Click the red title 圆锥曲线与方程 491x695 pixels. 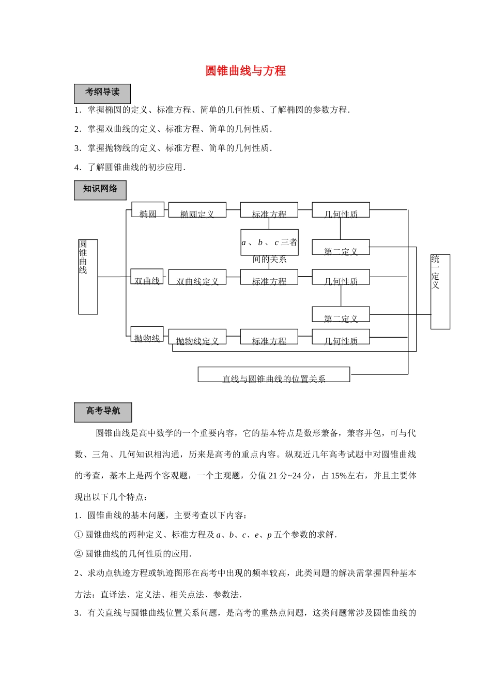click(245, 71)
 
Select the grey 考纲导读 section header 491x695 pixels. click(102, 93)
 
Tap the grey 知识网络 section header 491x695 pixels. click(100, 190)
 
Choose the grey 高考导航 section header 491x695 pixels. click(103, 412)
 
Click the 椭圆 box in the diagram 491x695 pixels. click(148, 210)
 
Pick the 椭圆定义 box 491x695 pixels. click(197, 210)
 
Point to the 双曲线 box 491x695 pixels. click(147, 277)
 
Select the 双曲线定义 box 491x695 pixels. click(197, 277)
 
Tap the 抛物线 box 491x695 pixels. click(147, 334)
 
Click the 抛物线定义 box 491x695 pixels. click(197, 337)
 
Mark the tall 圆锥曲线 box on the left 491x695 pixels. click(88, 277)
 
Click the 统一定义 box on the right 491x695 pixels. click(440, 292)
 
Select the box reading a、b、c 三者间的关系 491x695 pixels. click(269, 243)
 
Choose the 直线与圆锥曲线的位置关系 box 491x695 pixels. click(273, 374)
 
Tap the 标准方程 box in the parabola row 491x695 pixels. click(269, 337)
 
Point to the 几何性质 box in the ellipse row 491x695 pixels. click(341, 210)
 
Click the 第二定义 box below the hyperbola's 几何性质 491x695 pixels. click(341, 314)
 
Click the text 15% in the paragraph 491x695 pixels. click(338, 476)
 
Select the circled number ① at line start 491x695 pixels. click(79, 535)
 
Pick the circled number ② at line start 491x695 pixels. click(79, 554)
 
